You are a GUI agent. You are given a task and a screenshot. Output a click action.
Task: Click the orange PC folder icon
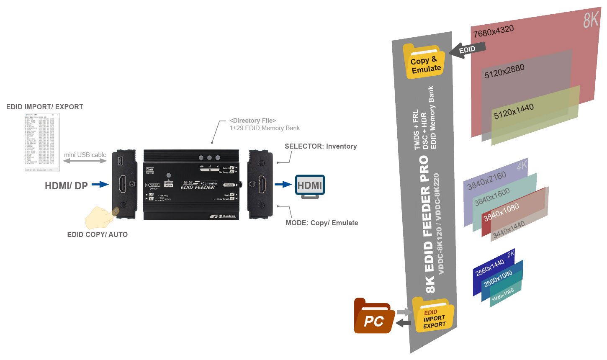[x=373, y=317]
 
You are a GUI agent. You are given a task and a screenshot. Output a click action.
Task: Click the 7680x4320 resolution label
[x=493, y=31]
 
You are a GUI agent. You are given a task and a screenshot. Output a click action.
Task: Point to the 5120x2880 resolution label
[x=504, y=71]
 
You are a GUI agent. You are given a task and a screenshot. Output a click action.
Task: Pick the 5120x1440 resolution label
[x=514, y=111]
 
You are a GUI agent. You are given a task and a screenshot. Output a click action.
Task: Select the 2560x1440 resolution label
[x=489, y=268]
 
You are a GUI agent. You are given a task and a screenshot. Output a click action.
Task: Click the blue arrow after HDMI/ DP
[x=100, y=184]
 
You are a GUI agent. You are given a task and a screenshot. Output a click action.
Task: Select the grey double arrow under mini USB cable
[x=85, y=161]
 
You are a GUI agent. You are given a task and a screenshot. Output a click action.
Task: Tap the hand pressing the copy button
[x=100, y=217]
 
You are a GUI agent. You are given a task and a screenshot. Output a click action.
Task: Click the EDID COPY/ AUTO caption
[x=97, y=235]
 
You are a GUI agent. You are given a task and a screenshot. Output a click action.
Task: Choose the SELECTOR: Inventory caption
[x=321, y=147]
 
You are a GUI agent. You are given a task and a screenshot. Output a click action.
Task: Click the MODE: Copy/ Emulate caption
[x=322, y=223]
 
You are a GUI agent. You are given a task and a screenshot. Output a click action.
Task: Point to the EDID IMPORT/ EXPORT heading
[x=45, y=107]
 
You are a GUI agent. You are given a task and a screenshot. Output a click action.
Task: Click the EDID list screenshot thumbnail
[x=42, y=142]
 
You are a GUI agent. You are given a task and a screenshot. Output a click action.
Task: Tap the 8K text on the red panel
[x=591, y=20]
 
